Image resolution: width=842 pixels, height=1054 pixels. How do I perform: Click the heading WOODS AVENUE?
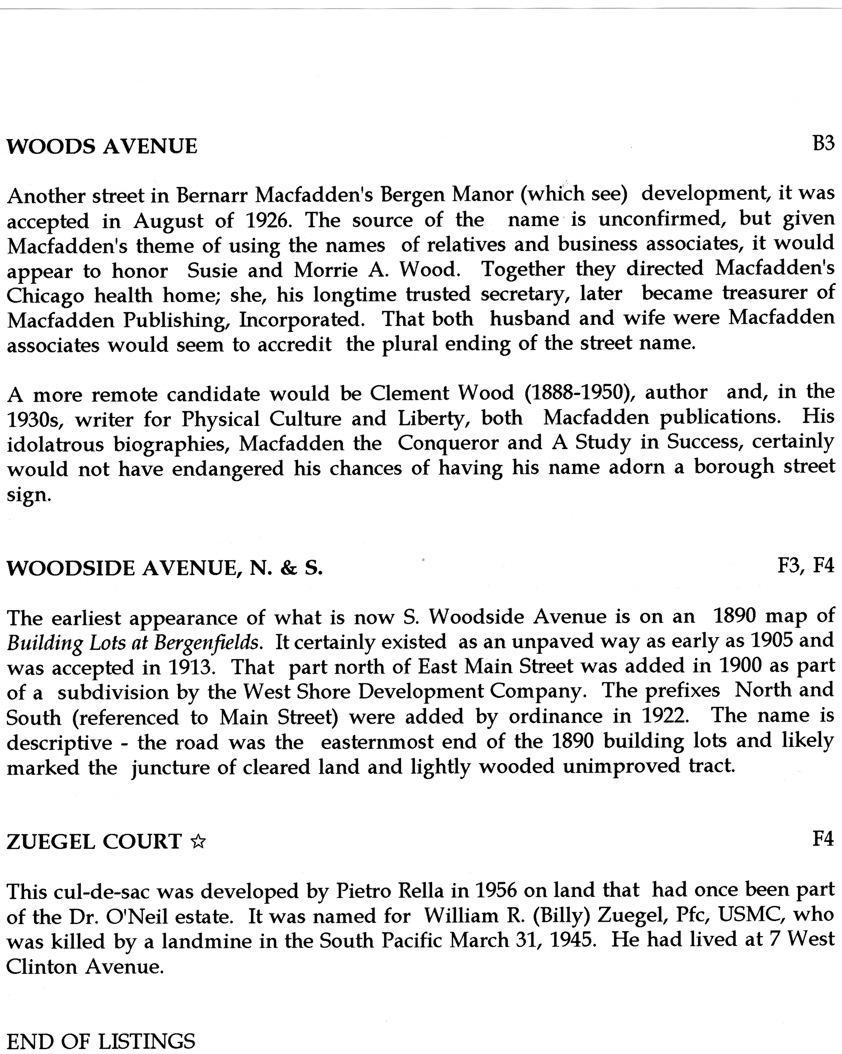pos(102,146)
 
